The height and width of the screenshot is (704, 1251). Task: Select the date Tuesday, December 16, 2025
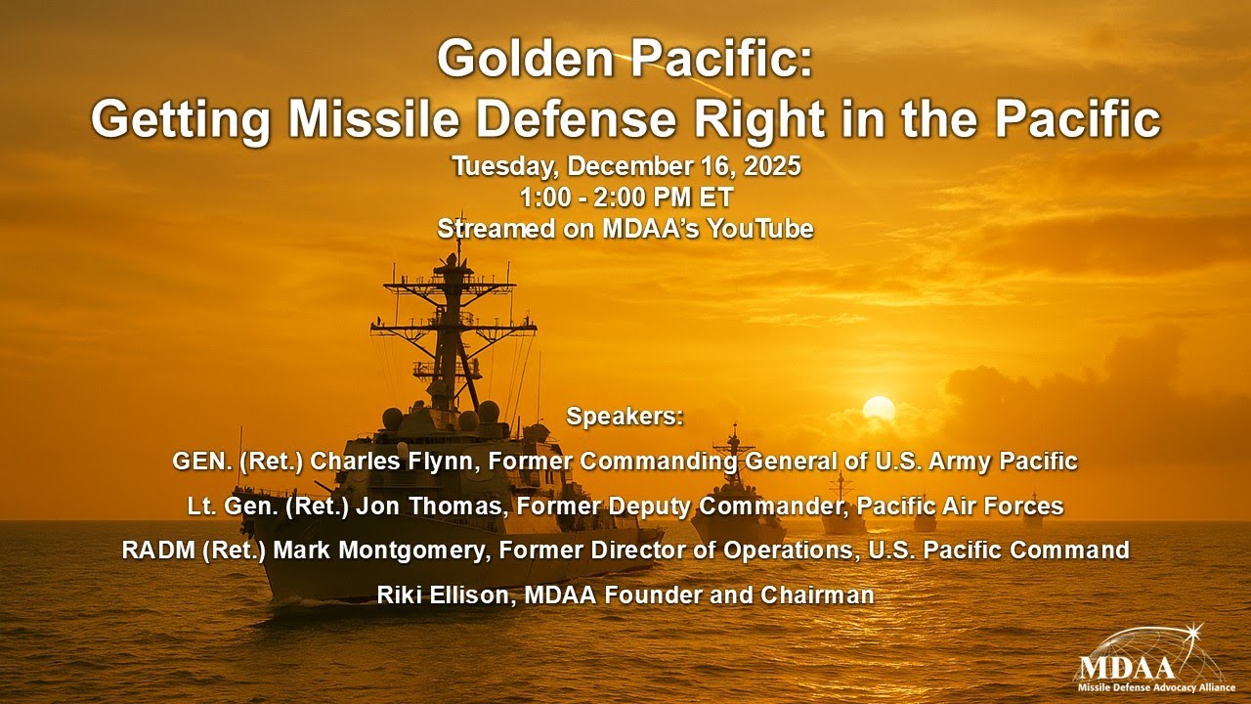click(625, 166)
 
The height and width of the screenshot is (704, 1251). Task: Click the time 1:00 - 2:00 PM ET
click(625, 198)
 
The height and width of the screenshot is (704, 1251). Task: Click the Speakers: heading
click(625, 416)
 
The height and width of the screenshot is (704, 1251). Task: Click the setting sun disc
click(878, 409)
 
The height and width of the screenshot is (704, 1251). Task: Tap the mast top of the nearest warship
click(458, 244)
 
